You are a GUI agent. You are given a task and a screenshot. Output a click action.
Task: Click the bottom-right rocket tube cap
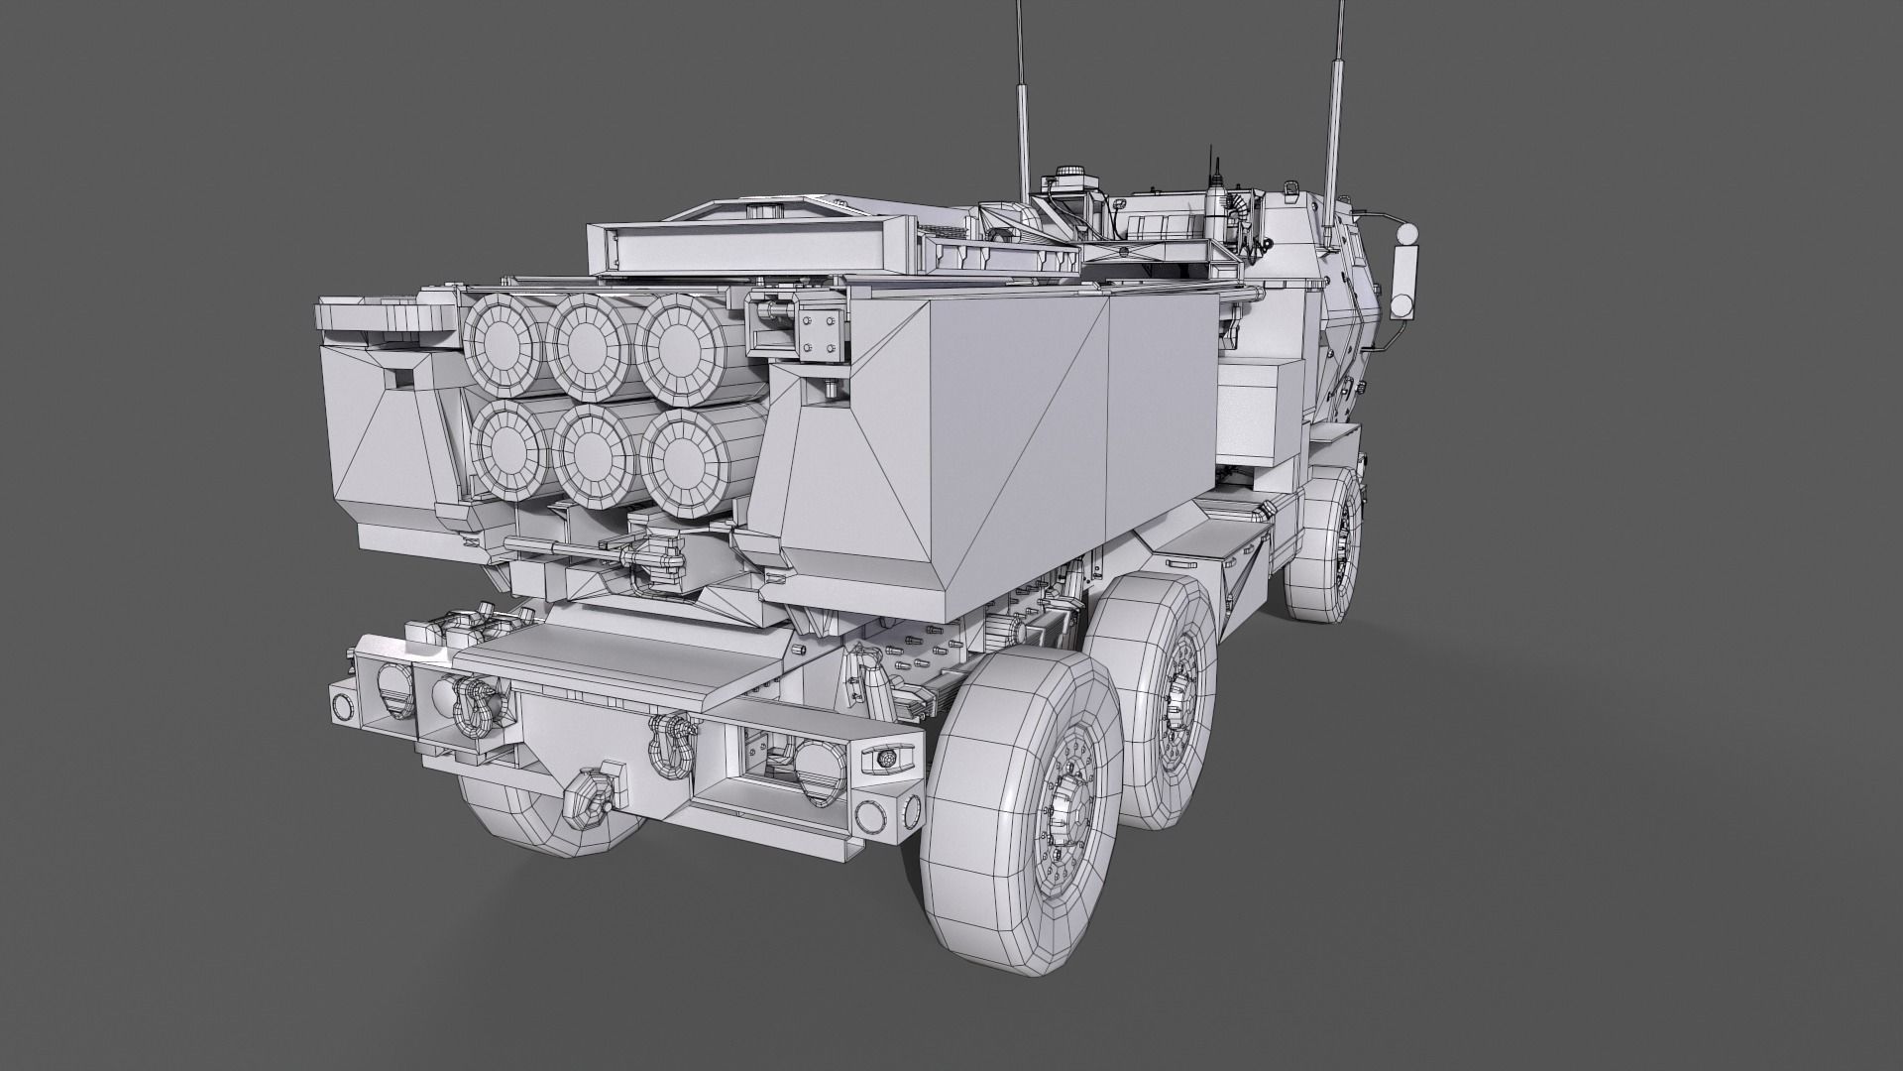682,454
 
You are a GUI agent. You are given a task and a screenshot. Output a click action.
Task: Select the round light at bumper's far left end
342,706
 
